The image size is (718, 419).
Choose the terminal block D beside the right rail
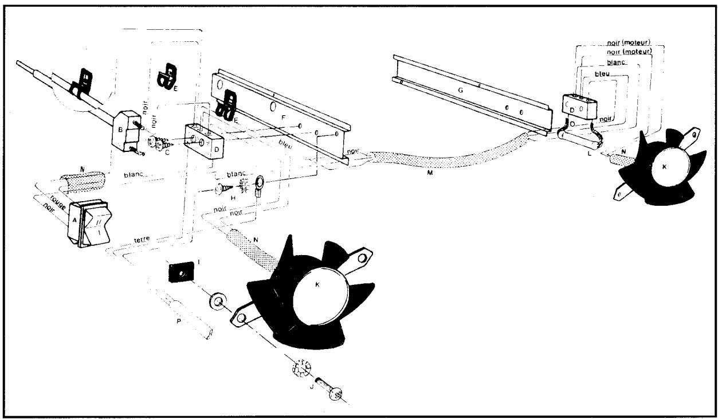coord(580,108)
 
